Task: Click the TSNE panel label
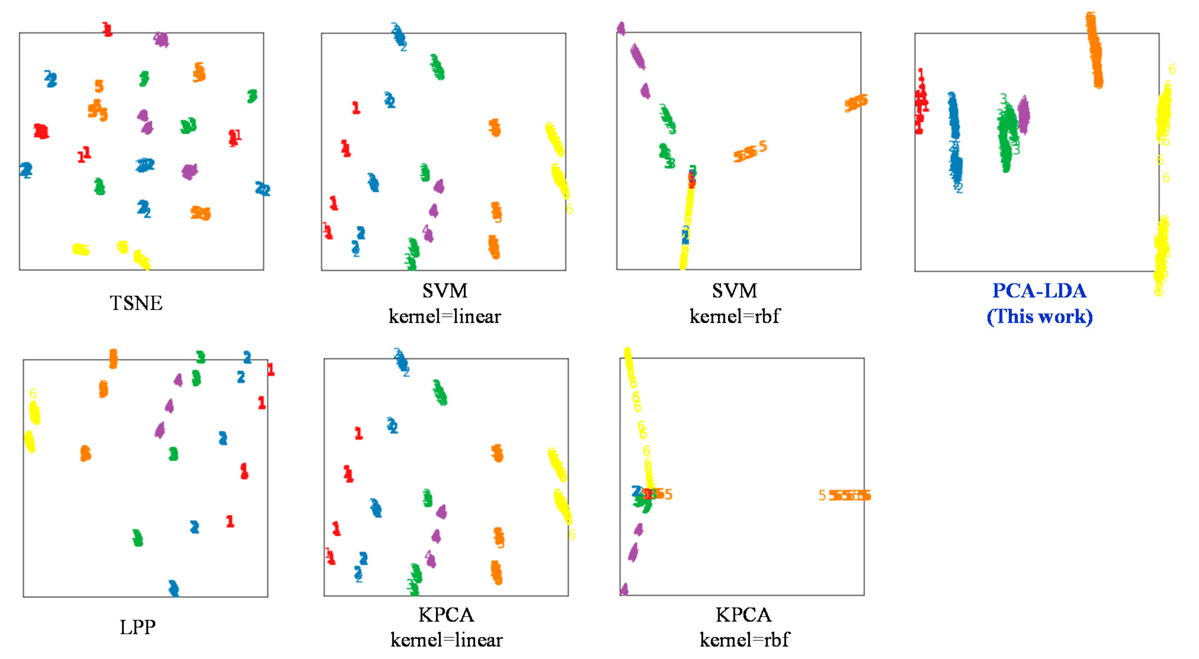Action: click(x=136, y=303)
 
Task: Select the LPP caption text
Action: click(x=137, y=627)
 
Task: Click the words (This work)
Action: click(x=1039, y=317)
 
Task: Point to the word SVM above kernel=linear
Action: click(x=445, y=291)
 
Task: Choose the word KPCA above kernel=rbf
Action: click(x=743, y=615)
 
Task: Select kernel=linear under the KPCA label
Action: click(x=446, y=640)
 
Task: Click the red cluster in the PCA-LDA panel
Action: click(x=921, y=103)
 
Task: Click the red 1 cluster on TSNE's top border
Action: click(x=107, y=29)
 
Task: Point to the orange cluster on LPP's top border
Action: click(x=113, y=359)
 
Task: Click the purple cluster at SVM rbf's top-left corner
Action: click(x=621, y=28)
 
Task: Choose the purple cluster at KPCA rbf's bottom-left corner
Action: click(x=624, y=589)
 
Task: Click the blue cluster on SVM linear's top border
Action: click(x=398, y=35)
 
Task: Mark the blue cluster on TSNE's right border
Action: click(x=262, y=189)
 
